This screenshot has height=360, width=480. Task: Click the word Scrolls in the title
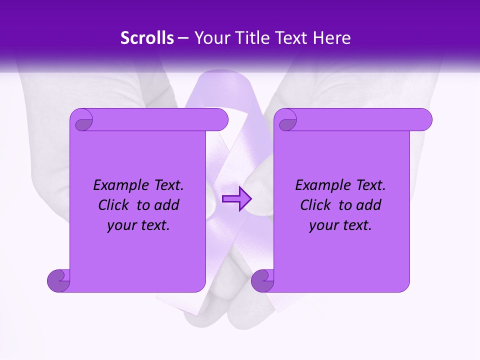point(147,38)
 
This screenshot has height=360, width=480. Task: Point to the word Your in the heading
point(210,38)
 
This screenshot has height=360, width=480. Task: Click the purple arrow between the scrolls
point(237,199)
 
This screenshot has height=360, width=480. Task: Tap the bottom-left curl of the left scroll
point(58,280)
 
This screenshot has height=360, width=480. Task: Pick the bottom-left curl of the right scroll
point(262,280)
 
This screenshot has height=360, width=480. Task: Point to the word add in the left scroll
point(167,205)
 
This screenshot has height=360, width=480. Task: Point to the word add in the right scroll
point(369,205)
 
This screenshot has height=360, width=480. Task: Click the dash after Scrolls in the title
point(183,38)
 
